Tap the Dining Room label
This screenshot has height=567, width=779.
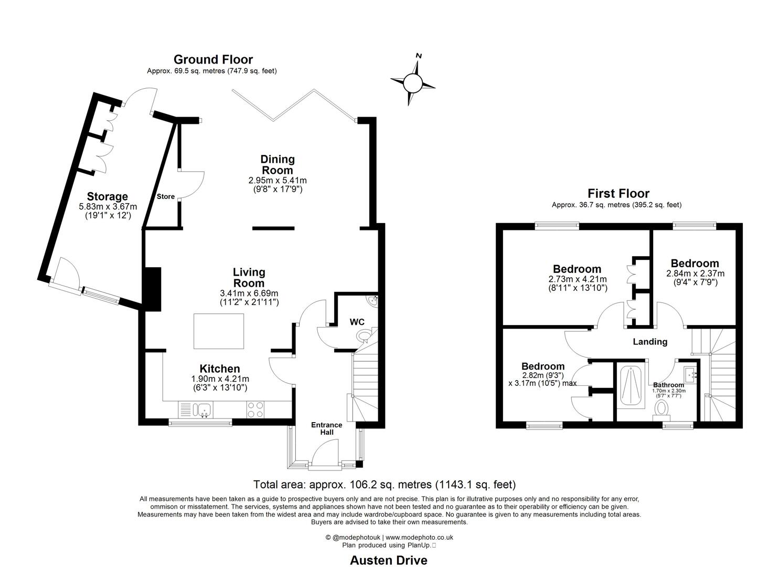coord(278,164)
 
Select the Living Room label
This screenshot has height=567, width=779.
coord(249,277)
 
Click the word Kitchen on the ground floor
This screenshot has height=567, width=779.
coord(220,369)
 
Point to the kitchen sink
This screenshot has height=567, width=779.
coord(202,408)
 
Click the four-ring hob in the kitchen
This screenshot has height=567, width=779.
coord(255,409)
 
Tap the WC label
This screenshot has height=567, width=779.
coord(357,322)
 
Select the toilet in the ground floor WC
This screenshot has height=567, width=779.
coord(363,335)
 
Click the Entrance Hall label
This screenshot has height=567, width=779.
coord(327,428)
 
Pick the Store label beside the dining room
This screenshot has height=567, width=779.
coord(166,197)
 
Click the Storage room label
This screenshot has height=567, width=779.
coord(108,196)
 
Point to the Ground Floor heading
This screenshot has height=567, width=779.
coord(213,59)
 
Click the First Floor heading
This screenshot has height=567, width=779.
coord(618,193)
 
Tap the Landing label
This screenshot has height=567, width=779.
coord(650,342)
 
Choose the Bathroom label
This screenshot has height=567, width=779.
coord(668,385)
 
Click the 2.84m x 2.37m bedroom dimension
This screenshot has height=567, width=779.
coord(695,274)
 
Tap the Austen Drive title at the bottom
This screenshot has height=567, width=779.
coord(389,560)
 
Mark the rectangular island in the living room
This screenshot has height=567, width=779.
coord(219,331)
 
